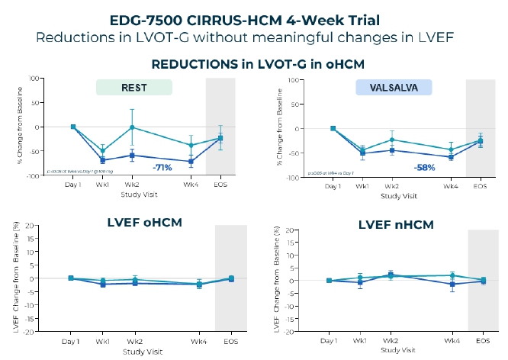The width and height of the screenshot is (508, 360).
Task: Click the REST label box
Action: pyautogui.click(x=133, y=88)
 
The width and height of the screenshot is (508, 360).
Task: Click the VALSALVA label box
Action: pyautogui.click(x=394, y=88)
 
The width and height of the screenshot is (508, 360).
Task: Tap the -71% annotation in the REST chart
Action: pyautogui.click(x=163, y=167)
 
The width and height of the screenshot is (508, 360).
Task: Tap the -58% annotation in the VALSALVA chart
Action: pyautogui.click(x=424, y=167)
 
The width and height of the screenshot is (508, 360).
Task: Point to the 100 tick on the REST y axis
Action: pyautogui.click(x=34, y=79)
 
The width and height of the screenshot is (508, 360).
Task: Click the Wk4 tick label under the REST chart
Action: pyautogui.click(x=191, y=185)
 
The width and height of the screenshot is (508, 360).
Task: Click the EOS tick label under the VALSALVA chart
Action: pyautogui.click(x=479, y=185)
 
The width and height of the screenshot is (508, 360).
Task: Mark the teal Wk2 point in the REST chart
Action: pyautogui.click(x=132, y=127)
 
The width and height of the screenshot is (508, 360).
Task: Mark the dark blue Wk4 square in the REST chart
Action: pyautogui.click(x=191, y=162)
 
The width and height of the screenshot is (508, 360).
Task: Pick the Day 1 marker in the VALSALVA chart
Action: pyautogui.click(x=333, y=128)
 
